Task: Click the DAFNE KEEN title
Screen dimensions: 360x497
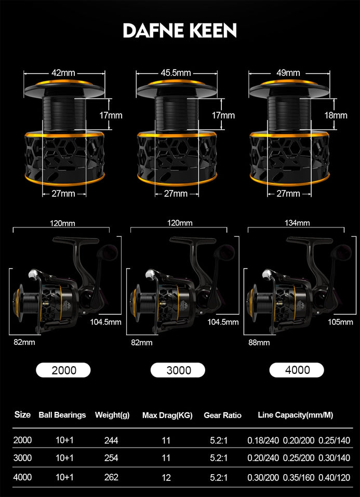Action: tap(180, 31)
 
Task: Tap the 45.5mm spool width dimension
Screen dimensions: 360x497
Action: tap(176, 73)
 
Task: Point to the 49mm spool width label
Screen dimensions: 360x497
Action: tap(288, 73)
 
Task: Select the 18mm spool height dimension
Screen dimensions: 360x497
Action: tap(336, 115)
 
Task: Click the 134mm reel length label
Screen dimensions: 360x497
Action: tap(297, 223)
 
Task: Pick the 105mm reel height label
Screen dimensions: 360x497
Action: tap(340, 322)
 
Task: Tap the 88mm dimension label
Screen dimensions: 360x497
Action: tap(259, 342)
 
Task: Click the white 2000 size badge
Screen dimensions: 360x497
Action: tap(63, 370)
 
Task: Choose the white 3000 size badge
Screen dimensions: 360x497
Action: tap(178, 370)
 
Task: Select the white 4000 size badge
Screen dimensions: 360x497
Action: tap(297, 370)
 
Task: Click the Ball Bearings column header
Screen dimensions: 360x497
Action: tap(62, 415)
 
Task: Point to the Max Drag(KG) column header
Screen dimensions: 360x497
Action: tap(167, 415)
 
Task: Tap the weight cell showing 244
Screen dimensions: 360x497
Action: tap(111, 440)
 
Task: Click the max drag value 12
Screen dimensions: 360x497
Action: tap(166, 477)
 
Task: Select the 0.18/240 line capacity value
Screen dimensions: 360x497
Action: tap(263, 440)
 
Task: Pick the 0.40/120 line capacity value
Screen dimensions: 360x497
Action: tap(335, 477)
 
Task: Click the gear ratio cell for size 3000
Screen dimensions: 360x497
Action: tap(219, 458)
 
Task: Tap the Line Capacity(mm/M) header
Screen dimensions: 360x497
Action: tap(295, 415)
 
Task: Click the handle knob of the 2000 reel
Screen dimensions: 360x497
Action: tap(108, 252)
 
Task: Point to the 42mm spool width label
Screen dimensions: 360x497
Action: tap(63, 73)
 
